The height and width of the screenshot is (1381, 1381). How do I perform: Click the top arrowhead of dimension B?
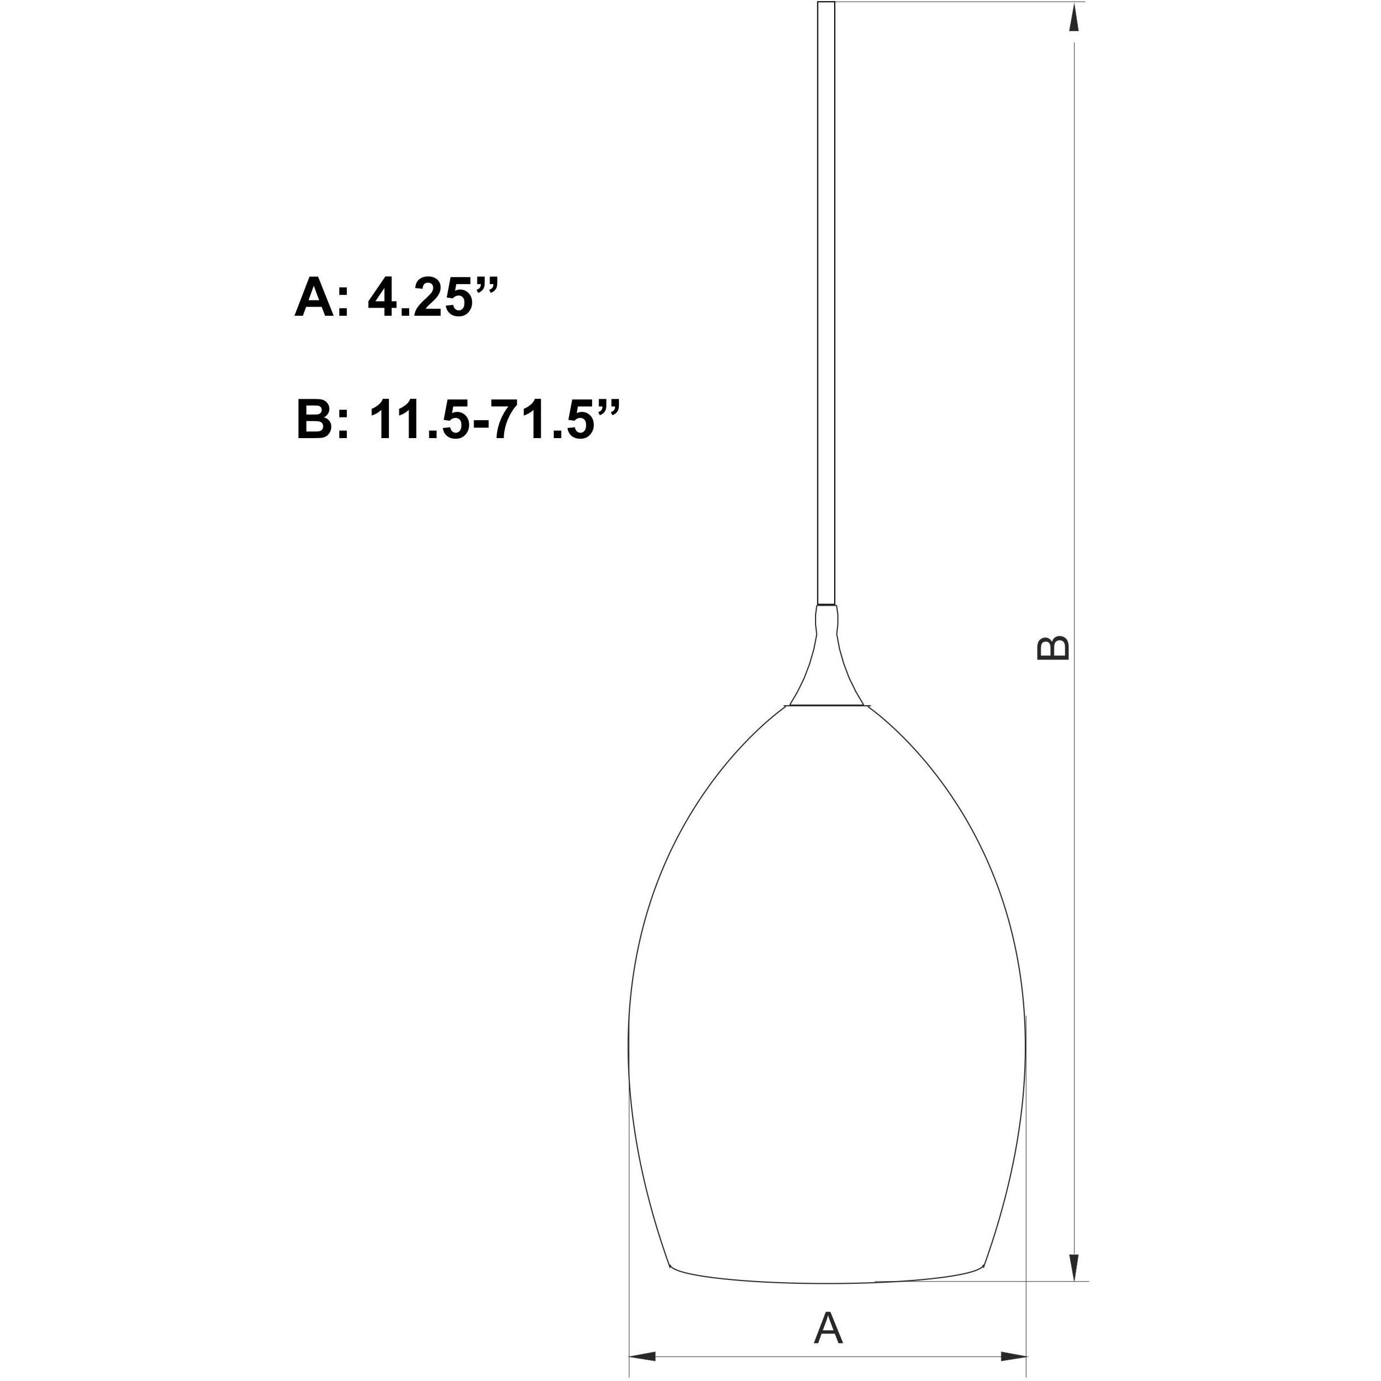(1073, 18)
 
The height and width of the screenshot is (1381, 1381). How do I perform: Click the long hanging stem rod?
(825, 308)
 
